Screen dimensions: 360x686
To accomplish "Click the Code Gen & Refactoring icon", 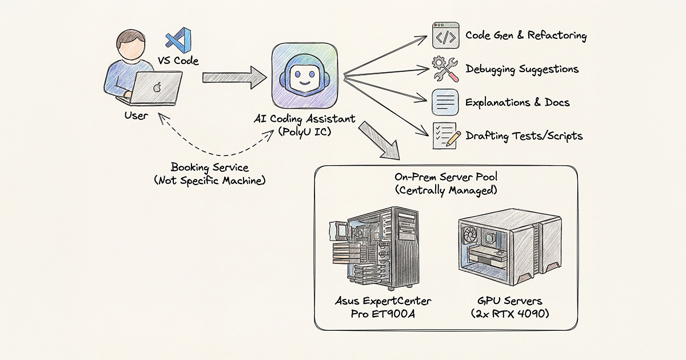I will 445,35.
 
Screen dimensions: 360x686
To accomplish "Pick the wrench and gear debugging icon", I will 445,69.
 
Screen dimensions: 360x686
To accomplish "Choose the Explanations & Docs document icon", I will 445,103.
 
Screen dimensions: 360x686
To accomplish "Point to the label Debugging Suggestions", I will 522,69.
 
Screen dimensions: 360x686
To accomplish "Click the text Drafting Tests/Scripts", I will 524,136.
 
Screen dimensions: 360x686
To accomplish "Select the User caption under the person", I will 135,115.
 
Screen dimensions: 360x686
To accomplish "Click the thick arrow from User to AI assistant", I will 234,75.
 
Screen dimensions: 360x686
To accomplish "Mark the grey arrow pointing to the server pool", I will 381,139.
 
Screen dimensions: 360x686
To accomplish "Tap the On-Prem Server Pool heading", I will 445,177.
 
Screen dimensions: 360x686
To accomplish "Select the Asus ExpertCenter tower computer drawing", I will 369,249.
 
